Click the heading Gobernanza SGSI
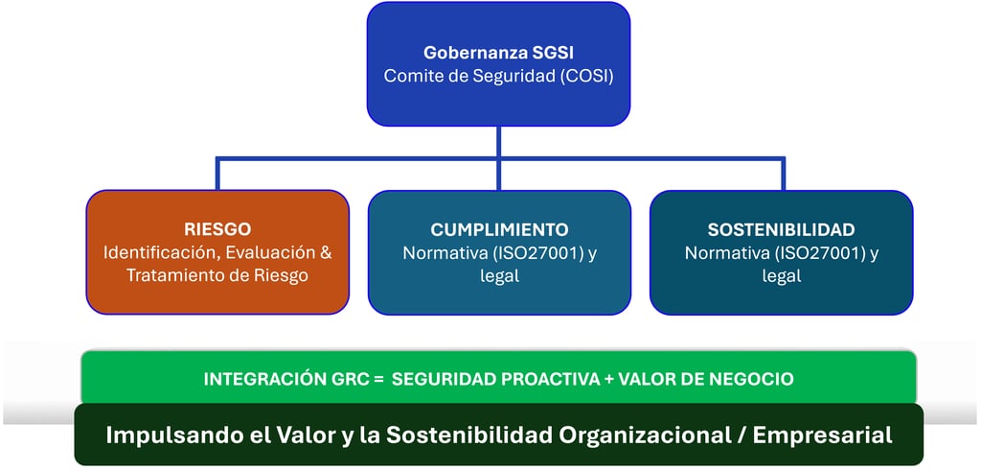[498, 54]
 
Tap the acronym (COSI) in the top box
[582, 76]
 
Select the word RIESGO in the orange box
[217, 229]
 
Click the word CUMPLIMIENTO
[499, 229]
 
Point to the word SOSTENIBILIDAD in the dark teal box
[781, 229]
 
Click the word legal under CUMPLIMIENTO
[499, 275]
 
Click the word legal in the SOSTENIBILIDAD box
[781, 275]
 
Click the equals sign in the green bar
[378, 379]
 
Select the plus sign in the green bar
[609, 379]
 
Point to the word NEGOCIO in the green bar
[754, 379]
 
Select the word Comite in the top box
[410, 76]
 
